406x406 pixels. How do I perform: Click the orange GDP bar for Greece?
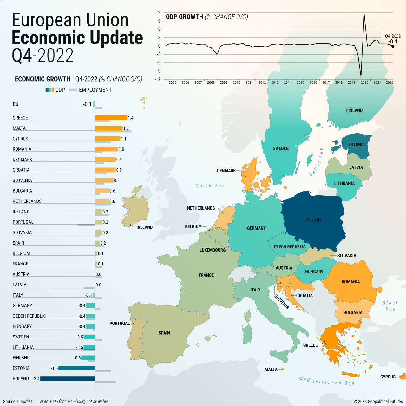tap(111, 118)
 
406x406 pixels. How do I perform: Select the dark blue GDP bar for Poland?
tap(68, 378)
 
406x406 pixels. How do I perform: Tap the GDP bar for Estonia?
tap(77, 368)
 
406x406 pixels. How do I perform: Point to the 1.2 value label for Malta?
tap(126, 128)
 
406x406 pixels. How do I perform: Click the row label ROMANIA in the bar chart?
tap(22, 149)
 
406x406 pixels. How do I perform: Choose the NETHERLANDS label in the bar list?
tap(27, 201)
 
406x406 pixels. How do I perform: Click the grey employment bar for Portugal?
tap(86, 225)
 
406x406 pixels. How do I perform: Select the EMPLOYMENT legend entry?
tap(95, 90)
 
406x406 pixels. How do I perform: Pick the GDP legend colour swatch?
tap(50, 90)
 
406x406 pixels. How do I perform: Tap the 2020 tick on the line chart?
tap(364, 82)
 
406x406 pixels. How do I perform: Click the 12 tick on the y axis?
tap(158, 13)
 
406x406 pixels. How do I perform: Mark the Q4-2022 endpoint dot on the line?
tap(393, 46)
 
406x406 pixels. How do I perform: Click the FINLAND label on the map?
tap(354, 110)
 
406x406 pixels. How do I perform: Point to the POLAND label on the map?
tap(314, 220)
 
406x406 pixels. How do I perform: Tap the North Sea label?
tap(210, 186)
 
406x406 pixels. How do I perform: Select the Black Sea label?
tap(390, 306)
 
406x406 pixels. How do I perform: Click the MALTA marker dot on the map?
tap(282, 370)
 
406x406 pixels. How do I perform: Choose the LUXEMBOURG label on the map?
tap(213, 250)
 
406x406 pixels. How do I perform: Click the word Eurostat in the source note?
tap(25, 401)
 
